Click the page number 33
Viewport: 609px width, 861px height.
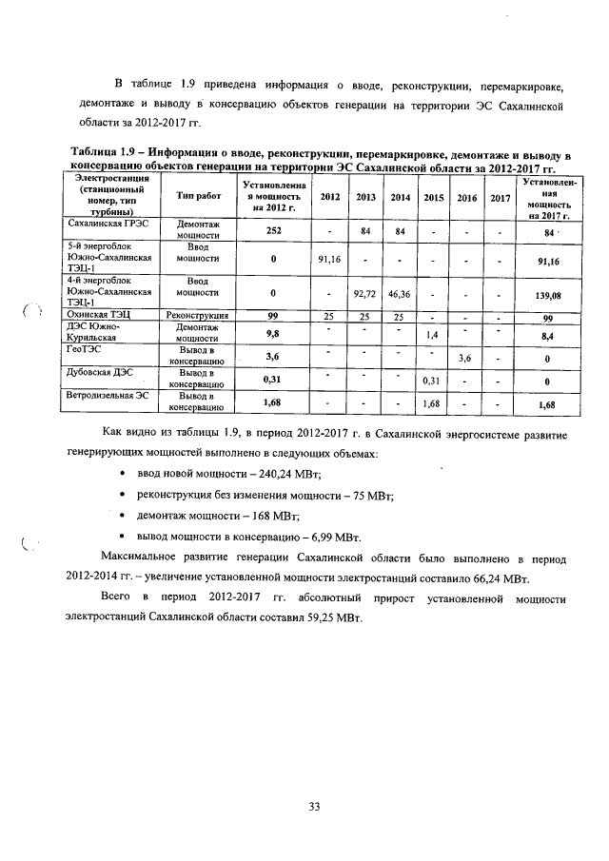[313, 807]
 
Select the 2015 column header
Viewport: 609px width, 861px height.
[433, 197]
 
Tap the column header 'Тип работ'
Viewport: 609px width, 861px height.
[199, 195]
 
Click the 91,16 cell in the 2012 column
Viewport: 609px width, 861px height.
[330, 259]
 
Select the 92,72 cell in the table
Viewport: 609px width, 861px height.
[365, 295]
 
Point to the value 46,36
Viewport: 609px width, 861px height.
[400, 295]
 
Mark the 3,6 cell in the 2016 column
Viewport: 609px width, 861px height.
[466, 359]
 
